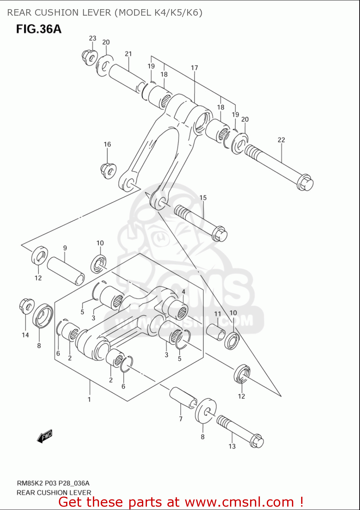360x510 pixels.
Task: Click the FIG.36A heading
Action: [x=39, y=29]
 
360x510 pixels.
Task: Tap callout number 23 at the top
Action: [x=93, y=38]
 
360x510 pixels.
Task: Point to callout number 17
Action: [x=194, y=68]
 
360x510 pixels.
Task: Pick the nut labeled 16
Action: [x=109, y=170]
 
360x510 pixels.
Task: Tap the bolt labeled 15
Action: [x=201, y=222]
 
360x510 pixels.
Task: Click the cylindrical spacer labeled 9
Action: [x=66, y=271]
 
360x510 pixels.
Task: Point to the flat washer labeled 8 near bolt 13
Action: [x=206, y=412]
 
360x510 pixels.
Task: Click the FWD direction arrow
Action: [x=45, y=436]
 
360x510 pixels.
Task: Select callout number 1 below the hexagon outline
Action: [x=89, y=399]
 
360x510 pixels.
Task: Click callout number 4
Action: [x=183, y=292]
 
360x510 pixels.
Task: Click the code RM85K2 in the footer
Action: [x=29, y=483]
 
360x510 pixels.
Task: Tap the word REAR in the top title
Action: [x=20, y=13]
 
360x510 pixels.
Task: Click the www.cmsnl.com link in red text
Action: [x=239, y=502]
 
